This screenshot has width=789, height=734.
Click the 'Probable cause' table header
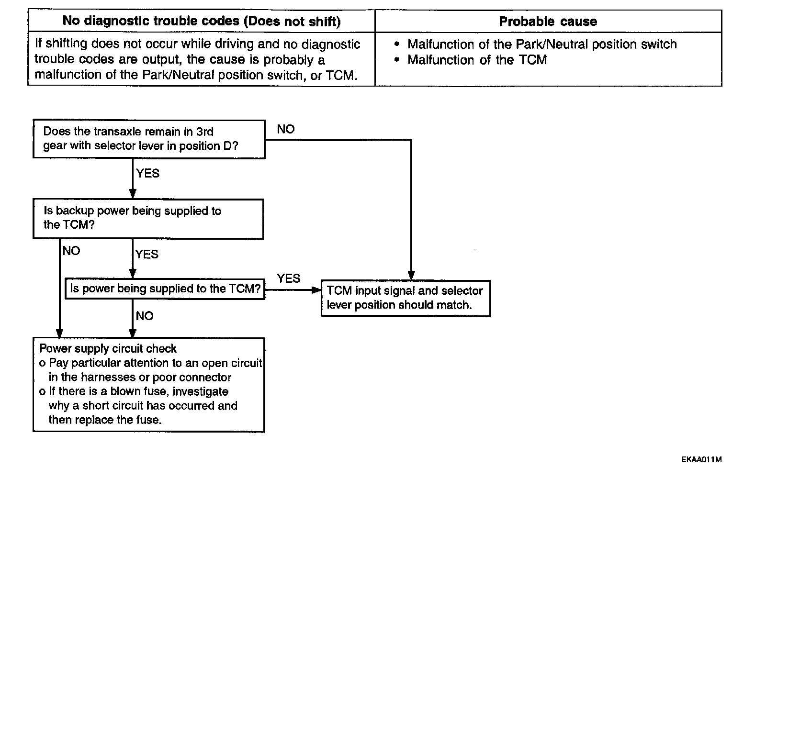(548, 22)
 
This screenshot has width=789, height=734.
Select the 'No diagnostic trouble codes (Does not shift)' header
(202, 22)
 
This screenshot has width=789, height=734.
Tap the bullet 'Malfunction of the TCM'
(477, 60)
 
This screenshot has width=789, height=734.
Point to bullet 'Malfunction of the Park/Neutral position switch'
(541, 44)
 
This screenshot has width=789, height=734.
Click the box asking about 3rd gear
(149, 139)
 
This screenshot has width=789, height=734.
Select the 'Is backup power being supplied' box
(148, 218)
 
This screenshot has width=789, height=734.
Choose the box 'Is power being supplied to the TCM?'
(165, 289)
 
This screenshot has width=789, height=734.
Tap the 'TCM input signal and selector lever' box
(405, 298)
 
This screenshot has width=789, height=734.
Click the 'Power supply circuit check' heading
(108, 348)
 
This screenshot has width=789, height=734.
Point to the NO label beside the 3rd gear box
(286, 129)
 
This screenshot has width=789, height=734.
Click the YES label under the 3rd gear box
(147, 173)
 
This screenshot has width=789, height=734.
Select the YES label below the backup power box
(147, 254)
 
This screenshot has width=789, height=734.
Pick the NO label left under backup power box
(71, 251)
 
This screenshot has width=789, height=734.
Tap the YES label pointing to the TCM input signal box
(289, 278)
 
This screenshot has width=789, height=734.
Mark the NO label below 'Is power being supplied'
(145, 316)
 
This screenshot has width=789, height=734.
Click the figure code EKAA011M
(701, 459)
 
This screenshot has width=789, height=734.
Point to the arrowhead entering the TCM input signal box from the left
(316, 290)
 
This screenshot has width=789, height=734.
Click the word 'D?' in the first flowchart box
(230, 146)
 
